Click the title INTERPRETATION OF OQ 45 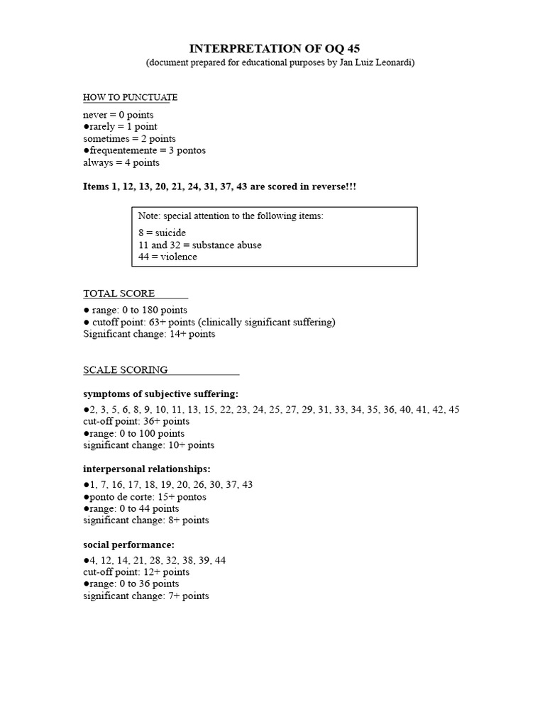[x=272, y=49]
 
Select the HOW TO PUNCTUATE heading [x=130, y=97]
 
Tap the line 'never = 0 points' [x=118, y=114]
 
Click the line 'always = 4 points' [x=121, y=162]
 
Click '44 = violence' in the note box [x=168, y=257]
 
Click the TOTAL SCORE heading [x=119, y=294]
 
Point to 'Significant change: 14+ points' [x=149, y=334]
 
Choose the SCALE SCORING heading [x=126, y=369]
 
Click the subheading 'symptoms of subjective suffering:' [x=161, y=393]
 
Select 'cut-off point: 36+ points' [x=136, y=421]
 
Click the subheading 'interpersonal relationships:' [x=147, y=469]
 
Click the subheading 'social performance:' [x=128, y=544]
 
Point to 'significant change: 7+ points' [x=146, y=596]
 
